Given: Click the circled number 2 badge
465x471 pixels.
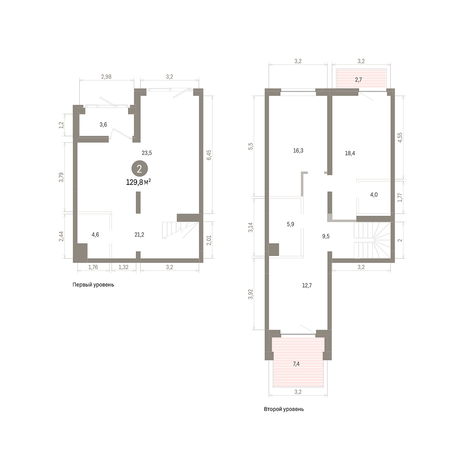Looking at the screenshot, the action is click(140, 169).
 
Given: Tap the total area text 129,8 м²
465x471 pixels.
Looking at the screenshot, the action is click(138, 183).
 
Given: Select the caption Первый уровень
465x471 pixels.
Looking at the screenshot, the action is click(93, 285).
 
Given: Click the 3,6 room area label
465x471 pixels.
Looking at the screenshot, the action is click(103, 125).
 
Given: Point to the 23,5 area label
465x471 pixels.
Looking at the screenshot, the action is click(147, 153).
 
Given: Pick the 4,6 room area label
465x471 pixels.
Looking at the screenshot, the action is click(95, 235).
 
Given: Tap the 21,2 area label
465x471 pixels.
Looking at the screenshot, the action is click(139, 235).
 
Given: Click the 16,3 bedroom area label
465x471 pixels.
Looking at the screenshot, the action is click(298, 151).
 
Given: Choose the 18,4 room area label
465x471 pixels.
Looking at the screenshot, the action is click(350, 153).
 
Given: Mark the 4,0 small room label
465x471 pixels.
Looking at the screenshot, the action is click(374, 195).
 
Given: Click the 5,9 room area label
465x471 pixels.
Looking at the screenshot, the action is click(290, 224).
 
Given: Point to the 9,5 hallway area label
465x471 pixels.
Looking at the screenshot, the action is click(326, 236).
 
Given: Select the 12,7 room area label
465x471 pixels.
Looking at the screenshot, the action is click(307, 285).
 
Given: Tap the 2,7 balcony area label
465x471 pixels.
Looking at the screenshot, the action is click(358, 80).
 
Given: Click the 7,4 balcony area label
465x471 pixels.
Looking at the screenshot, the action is click(296, 364).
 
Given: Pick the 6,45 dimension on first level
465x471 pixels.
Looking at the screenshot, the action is click(209, 155).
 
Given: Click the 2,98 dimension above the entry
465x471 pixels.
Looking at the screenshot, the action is click(106, 77).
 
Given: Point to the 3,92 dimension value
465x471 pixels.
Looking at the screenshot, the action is click(250, 294).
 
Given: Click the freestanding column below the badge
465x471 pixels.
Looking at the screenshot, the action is click(138, 203).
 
